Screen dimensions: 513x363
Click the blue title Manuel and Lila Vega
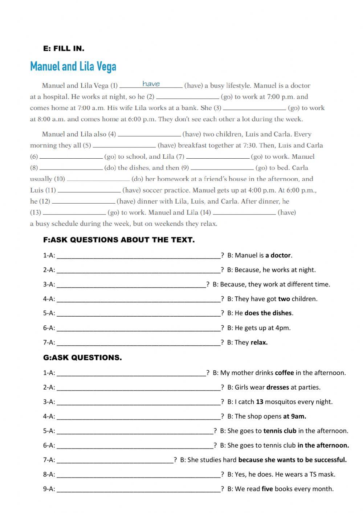pyautogui.click(x=73, y=67)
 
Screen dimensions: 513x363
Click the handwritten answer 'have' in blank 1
pyautogui.click(x=151, y=84)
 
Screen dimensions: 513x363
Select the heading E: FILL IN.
pyautogui.click(x=64, y=48)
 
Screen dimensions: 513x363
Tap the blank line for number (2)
pyautogui.click(x=187, y=97)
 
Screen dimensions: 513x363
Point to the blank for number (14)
pyautogui.click(x=244, y=213)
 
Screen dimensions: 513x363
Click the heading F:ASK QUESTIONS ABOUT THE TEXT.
pyautogui.click(x=119, y=240)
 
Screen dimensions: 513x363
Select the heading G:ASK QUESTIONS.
pyautogui.click(x=82, y=358)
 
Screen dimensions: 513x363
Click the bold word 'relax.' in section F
pyautogui.click(x=259, y=342)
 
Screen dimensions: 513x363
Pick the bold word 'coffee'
pyautogui.click(x=285, y=372)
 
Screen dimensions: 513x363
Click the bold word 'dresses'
pyautogui.click(x=278, y=387)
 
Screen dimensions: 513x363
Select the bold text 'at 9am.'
pyautogui.click(x=295, y=416)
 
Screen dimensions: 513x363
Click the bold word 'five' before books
pyautogui.click(x=267, y=489)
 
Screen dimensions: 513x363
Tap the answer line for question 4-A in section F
pyautogui.click(x=139, y=299)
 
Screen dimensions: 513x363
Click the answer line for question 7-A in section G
pyautogui.click(x=115, y=460)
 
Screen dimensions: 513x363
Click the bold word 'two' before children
pyautogui.click(x=284, y=299)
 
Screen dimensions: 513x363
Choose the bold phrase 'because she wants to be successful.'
pyautogui.click(x=293, y=460)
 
